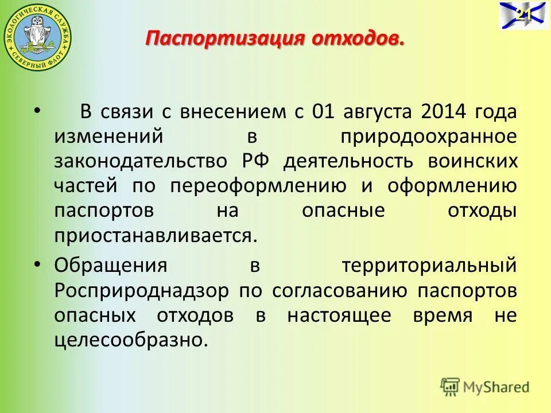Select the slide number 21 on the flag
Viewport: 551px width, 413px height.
522,15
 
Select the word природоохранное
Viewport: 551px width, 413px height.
429,137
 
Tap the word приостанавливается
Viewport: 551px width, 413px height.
153,235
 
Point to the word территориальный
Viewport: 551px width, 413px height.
429,266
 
